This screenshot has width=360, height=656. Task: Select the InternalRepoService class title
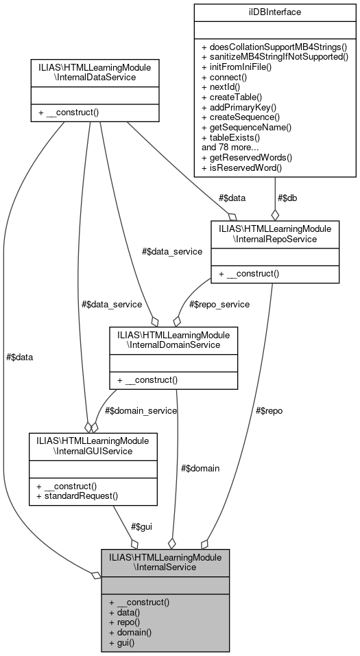[274, 233]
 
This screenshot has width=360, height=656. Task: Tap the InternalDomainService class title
[173, 339]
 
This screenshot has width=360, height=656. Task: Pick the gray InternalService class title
[165, 563]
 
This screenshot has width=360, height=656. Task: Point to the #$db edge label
[288, 198]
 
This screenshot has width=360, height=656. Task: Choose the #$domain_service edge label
[141, 410]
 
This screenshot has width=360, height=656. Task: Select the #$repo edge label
[268, 410]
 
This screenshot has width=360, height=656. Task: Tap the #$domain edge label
[200, 468]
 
